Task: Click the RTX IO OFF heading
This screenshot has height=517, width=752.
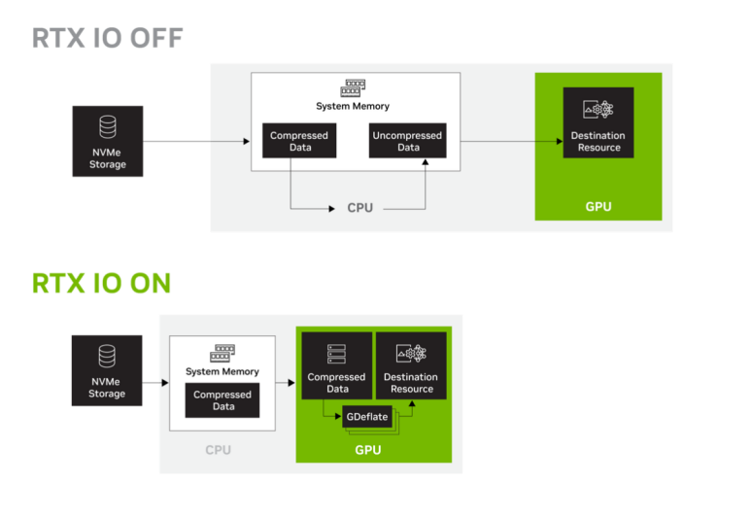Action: pyautogui.click(x=108, y=38)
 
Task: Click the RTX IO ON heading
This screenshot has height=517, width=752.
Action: pyautogui.click(x=101, y=283)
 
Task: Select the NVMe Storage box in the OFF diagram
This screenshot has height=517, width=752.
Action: pyautogui.click(x=108, y=141)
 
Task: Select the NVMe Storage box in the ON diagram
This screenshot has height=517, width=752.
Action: pyautogui.click(x=107, y=370)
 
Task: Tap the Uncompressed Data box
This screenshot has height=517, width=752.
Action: pyautogui.click(x=408, y=141)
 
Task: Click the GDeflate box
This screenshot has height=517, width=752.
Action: pyautogui.click(x=367, y=417)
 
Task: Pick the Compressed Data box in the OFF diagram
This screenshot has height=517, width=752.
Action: pyautogui.click(x=299, y=141)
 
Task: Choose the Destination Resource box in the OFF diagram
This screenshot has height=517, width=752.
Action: pyautogui.click(x=598, y=122)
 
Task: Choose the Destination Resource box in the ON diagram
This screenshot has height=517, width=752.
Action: pyautogui.click(x=411, y=365)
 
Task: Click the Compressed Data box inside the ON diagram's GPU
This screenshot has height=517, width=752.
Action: pyautogui.click(x=337, y=365)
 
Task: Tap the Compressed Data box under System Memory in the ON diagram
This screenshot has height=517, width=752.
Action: pyautogui.click(x=222, y=400)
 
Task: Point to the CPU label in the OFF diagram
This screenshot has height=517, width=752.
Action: pyautogui.click(x=360, y=208)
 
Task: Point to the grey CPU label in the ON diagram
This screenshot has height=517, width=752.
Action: pyautogui.click(x=219, y=450)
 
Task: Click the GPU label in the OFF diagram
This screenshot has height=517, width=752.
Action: pyautogui.click(x=598, y=207)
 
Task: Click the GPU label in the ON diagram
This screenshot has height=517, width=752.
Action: pyautogui.click(x=368, y=450)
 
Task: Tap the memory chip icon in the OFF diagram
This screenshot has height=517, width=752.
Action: pyautogui.click(x=353, y=88)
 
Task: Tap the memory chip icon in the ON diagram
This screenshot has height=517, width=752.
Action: pyautogui.click(x=222, y=354)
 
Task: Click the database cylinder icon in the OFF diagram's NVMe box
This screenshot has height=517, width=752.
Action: pyautogui.click(x=108, y=126)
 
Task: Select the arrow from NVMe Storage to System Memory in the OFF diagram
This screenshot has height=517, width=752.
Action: pyautogui.click(x=196, y=141)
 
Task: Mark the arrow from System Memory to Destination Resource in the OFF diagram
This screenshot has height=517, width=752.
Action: pyautogui.click(x=512, y=141)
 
